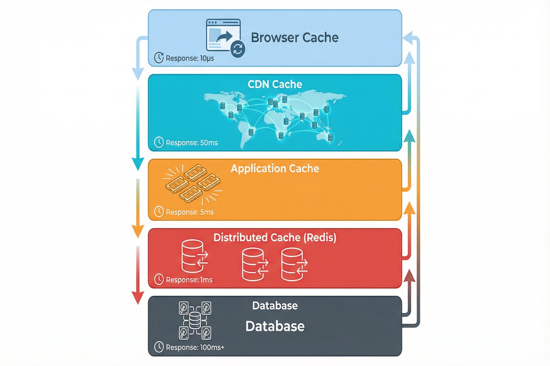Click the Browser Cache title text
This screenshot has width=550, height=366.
coord(294,38)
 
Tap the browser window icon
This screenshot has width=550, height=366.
coord(223,35)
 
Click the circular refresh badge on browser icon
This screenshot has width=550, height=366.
coord(238,49)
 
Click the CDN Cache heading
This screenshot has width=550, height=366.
coord(275,84)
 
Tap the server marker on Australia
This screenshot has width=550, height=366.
coord(330,138)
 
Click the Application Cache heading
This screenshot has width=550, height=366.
coord(275,168)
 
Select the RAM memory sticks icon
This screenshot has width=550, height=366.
coord(193,183)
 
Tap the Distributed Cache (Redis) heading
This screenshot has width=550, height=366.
coord(275,238)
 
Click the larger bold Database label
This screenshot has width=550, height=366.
coord(275,326)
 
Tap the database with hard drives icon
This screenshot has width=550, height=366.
coord(195,320)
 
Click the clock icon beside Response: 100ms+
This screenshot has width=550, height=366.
coord(159,347)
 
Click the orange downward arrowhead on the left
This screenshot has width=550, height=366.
coord(138,232)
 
